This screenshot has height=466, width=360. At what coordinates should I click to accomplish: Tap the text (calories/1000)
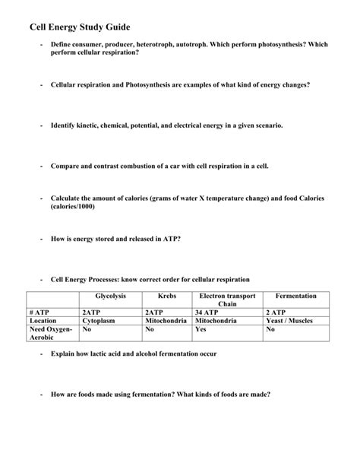tap(74, 206)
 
